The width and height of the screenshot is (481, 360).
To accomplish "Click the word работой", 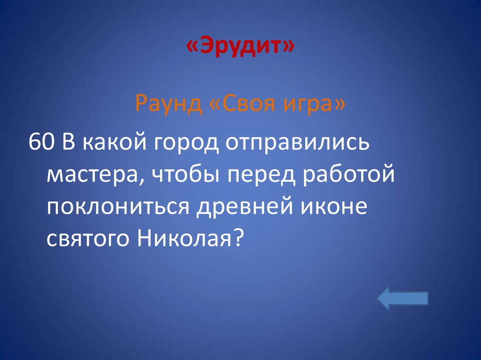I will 348,176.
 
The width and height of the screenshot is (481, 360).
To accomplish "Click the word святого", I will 89,239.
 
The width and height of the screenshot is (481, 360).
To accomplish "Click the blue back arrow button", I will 403,299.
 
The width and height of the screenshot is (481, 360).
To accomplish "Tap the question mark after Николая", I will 238,239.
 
